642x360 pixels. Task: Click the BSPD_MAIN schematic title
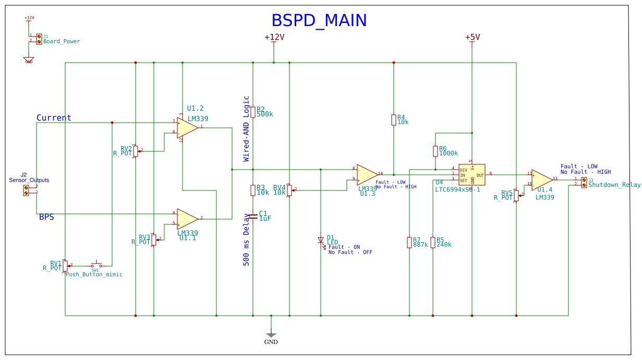click(319, 20)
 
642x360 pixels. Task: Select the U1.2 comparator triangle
click(187, 128)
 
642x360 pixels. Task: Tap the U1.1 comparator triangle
click(187, 219)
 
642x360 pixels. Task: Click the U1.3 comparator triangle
click(367, 174)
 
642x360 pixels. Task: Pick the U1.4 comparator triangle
click(541, 179)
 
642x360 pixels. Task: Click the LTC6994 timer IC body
click(471, 174)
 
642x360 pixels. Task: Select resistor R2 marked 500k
click(253, 112)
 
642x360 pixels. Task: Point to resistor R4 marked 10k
click(394, 120)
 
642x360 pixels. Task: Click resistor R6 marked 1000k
click(435, 151)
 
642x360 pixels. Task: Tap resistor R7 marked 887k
click(409, 243)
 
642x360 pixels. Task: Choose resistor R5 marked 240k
click(433, 243)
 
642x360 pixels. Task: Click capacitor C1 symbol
click(253, 215)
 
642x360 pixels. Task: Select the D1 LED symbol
click(321, 240)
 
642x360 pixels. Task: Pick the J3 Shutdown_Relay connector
click(584, 182)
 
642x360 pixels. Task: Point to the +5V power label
click(472, 37)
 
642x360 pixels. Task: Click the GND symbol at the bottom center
click(271, 335)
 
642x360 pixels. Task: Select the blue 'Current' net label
click(54, 118)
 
